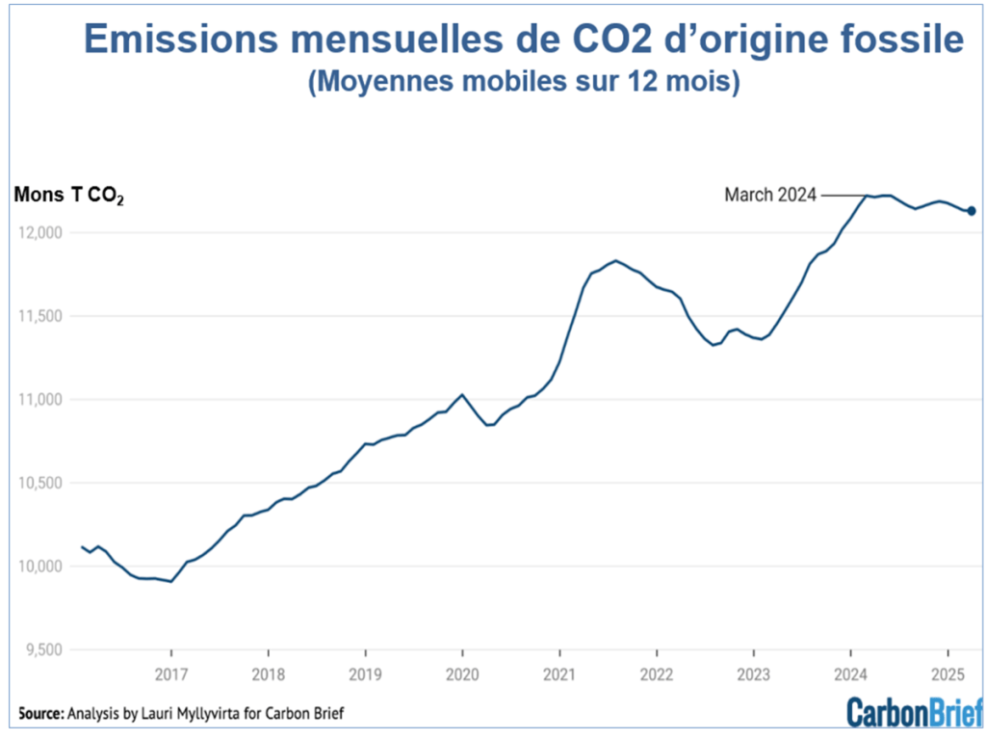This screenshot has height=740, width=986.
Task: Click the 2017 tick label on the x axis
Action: click(170, 674)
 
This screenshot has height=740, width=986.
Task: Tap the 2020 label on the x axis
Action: click(462, 674)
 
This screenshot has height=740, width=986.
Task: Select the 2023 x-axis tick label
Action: click(753, 674)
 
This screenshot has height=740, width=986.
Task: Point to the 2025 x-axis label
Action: click(947, 674)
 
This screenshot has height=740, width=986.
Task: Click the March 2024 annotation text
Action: click(769, 196)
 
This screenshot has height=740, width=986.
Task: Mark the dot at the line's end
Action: click(972, 211)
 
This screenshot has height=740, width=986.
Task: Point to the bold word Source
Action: click(39, 714)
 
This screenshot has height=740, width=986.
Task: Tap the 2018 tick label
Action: click(268, 674)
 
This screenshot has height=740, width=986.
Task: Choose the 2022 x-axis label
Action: click(656, 674)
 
